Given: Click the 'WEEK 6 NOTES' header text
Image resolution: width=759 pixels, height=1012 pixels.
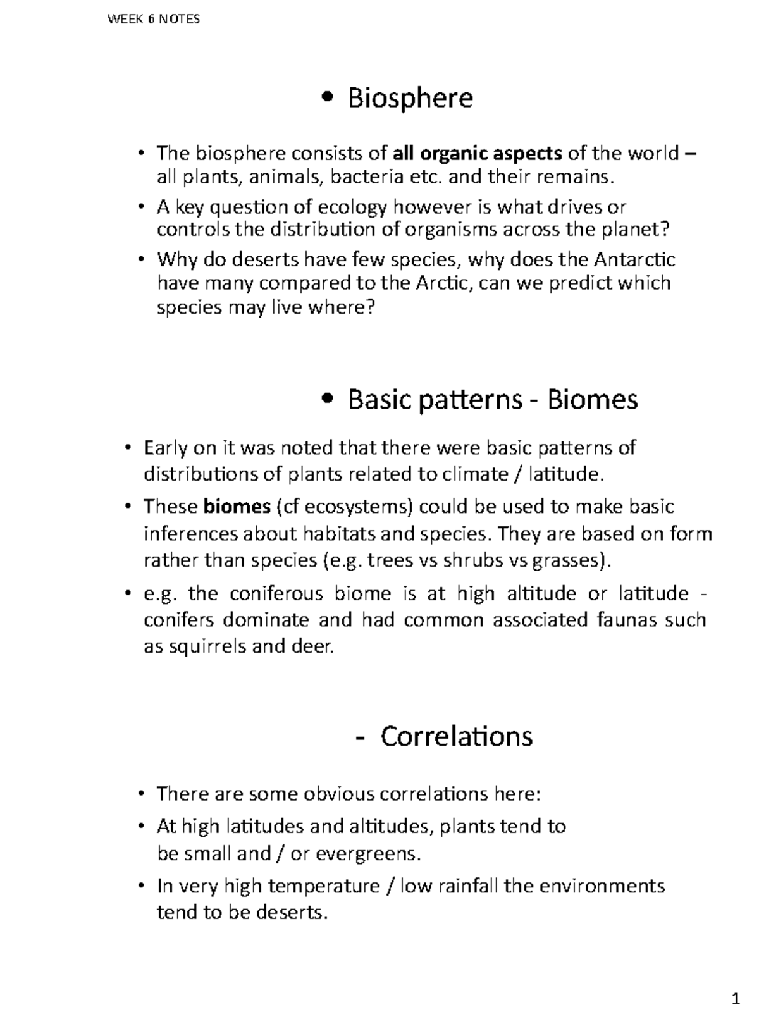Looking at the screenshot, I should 154,19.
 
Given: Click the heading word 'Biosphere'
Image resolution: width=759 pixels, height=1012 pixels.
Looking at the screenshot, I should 410,98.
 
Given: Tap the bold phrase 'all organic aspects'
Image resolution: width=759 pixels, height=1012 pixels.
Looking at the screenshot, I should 477,153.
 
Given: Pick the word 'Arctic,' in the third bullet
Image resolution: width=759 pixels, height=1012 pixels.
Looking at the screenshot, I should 444,283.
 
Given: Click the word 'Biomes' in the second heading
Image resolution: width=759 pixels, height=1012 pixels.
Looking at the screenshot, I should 592,400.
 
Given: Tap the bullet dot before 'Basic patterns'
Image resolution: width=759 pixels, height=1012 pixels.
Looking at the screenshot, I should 327,398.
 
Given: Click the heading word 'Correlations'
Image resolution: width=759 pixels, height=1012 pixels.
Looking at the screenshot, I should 456,736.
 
